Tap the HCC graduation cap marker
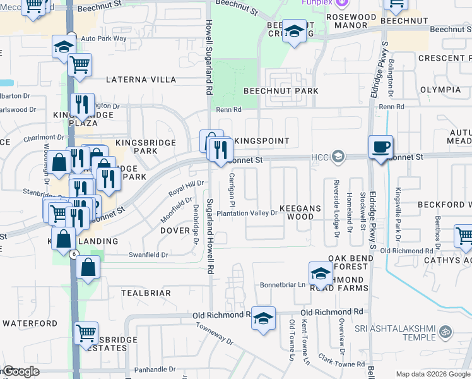tap(338, 156)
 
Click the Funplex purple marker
tap(342, 3)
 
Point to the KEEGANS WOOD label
tap(300, 212)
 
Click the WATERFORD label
tap(30, 323)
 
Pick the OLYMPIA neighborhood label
tap(440, 89)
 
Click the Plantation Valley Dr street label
tap(247, 214)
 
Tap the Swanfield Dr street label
tap(148, 255)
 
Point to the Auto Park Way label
tap(103, 39)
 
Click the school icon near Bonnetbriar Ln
tap(321, 273)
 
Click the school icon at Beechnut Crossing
tap(294, 31)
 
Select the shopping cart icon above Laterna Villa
tap(80, 64)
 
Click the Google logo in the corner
tap(21, 371)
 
